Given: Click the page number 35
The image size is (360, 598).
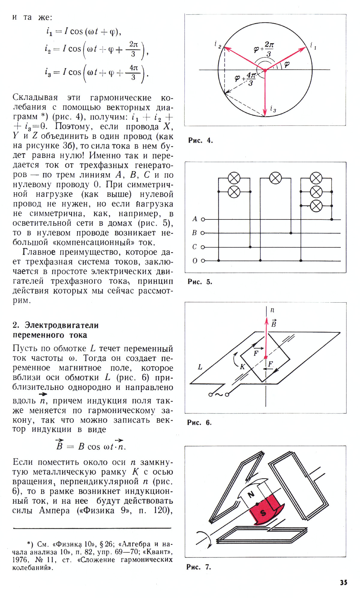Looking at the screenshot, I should point(343,582).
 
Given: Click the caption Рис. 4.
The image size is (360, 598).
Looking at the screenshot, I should point(200,140).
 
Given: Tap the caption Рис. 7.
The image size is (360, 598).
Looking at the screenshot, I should point(199,567).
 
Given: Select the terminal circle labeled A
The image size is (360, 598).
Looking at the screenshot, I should point(203,219).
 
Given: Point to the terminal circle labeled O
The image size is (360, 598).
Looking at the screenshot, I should point(203,261).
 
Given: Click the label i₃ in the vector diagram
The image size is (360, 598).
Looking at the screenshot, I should point(273,109).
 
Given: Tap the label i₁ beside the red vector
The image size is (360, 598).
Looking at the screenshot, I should point(313,46).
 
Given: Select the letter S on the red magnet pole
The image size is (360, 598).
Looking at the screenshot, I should point(263,512).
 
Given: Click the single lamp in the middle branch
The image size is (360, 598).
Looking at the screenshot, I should point(275,178).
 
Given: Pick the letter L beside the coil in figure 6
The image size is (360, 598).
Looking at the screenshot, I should point(200,367).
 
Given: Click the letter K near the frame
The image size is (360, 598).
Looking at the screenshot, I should point(242,367).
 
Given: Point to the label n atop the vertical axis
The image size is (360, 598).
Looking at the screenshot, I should point(272,310).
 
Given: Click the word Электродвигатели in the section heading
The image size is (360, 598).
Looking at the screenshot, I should point(61,325).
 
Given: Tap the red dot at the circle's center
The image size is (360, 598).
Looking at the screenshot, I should point(265,70).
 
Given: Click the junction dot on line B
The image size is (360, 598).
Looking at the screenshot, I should point(291,233).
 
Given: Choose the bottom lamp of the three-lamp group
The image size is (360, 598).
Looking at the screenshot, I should point(316,206).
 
